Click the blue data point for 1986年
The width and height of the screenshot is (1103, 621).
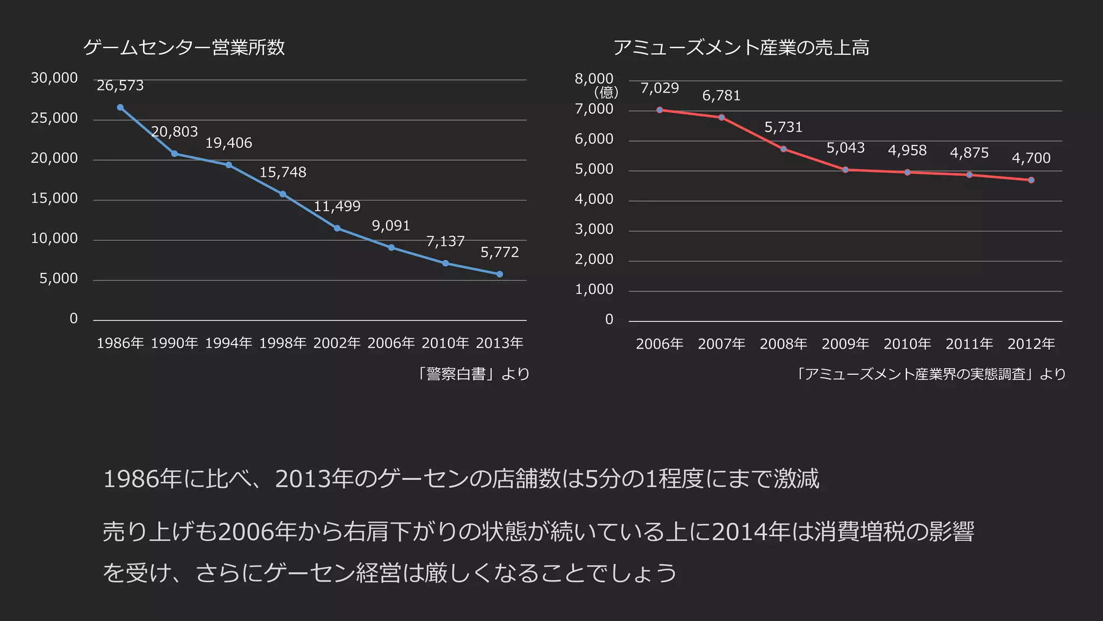(x=120, y=107)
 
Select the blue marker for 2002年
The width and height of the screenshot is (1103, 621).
(x=337, y=228)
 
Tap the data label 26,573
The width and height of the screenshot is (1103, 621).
(x=120, y=86)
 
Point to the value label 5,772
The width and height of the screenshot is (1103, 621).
(x=499, y=252)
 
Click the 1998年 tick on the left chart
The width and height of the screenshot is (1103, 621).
(x=283, y=343)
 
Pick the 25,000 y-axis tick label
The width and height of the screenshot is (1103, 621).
(x=54, y=118)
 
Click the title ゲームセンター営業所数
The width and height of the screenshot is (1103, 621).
(x=184, y=47)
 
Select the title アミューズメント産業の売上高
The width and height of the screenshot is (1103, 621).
(x=741, y=47)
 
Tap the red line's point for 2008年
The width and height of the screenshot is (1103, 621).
(x=784, y=149)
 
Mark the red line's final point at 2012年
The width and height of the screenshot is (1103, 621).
(x=1031, y=180)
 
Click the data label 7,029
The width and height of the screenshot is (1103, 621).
(x=659, y=88)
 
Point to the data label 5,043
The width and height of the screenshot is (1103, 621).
(x=846, y=148)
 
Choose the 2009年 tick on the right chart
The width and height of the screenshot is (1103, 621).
(x=846, y=344)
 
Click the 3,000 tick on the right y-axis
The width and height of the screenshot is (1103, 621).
(x=594, y=230)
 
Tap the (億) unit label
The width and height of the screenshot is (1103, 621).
(x=606, y=93)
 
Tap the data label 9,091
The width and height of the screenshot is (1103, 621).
(x=391, y=226)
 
